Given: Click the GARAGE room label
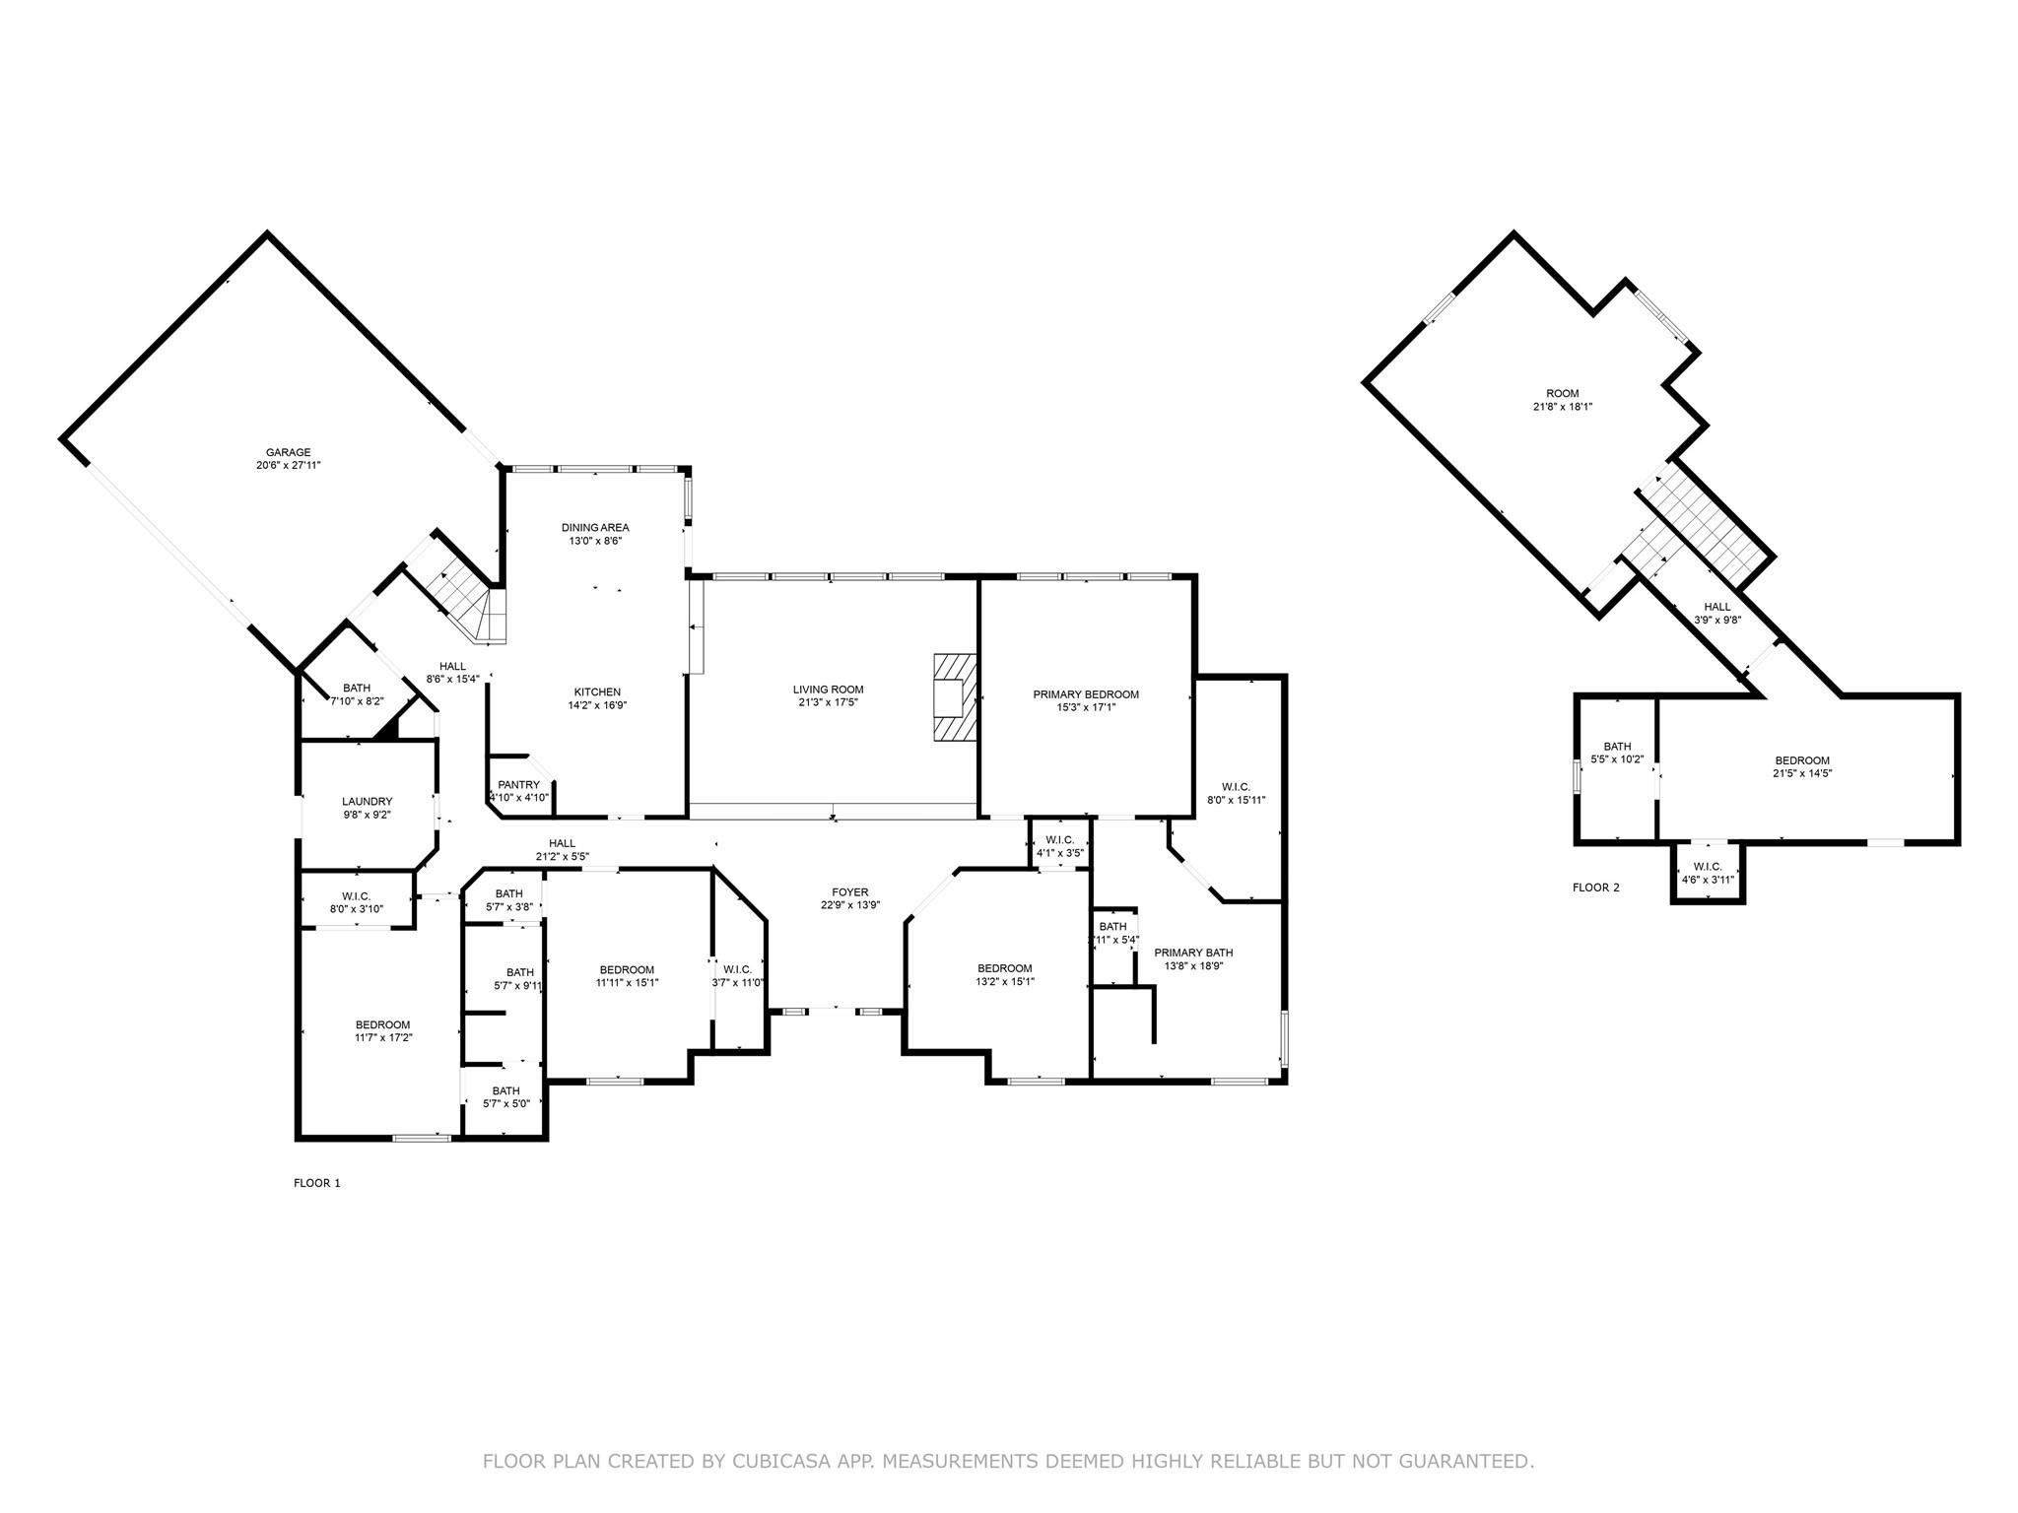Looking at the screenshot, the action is (288, 453).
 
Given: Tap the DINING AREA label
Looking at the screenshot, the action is (595, 528).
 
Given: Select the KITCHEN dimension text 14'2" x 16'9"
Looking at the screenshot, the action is (597, 705).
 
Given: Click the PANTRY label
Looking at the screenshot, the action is (518, 785).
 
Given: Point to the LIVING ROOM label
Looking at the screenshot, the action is (829, 690).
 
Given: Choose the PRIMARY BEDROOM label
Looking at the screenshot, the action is (1086, 694).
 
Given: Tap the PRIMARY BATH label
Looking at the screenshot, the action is (1193, 953).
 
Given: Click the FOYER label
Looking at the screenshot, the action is (849, 892).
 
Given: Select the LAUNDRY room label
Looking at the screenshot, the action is (368, 802).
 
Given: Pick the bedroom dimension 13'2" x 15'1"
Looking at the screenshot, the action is (1005, 981).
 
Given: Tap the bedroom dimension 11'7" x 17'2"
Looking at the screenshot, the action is (383, 1037).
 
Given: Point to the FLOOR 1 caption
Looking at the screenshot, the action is (317, 1183).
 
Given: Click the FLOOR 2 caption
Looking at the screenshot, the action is (1596, 888).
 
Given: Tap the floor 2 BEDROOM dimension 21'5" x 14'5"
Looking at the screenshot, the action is (1802, 773).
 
